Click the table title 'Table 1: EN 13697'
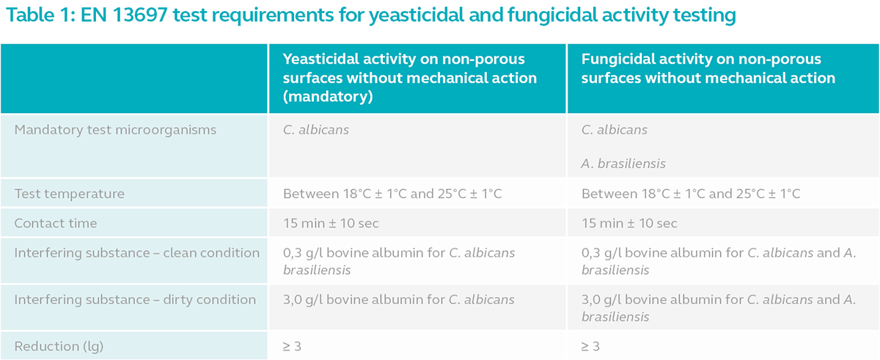[87, 15]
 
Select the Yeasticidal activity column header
[410, 78]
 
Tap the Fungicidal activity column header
[708, 68]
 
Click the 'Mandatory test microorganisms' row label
[115, 130]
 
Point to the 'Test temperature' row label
[69, 194]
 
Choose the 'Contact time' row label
[56, 223]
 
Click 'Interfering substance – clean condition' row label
[136, 253]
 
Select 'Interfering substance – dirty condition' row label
[135, 300]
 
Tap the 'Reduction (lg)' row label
[59, 346]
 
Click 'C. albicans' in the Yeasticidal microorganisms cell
[316, 130]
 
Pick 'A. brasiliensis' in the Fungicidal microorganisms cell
[623, 164]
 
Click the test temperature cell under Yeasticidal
[392, 194]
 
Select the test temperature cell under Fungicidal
[691, 194]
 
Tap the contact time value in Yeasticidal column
[331, 224]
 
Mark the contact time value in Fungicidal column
[629, 224]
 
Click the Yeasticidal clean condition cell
[399, 262]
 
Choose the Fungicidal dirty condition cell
[719, 308]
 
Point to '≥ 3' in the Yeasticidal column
[292, 346]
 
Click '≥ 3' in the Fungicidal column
[590, 346]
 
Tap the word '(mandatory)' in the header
[328, 97]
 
